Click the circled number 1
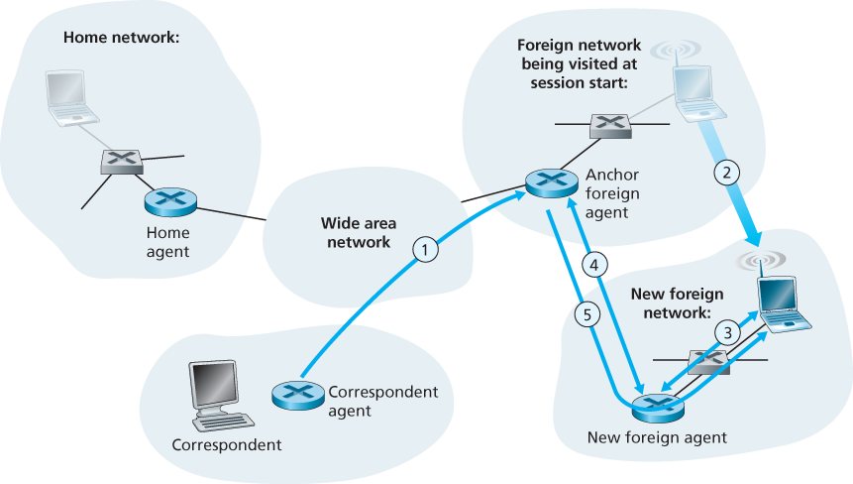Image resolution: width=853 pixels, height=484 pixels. pos(424,250)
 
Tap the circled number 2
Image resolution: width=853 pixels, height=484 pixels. pos(727,172)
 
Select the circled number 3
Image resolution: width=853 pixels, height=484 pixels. pos(727,332)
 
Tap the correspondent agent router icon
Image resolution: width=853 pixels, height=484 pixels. pos(296,394)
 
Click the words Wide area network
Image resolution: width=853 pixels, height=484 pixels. pos(356,232)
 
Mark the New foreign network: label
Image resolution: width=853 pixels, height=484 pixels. pos(677,302)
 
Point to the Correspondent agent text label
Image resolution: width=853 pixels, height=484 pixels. pos(381,401)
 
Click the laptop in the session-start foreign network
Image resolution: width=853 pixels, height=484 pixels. pos(697,91)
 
